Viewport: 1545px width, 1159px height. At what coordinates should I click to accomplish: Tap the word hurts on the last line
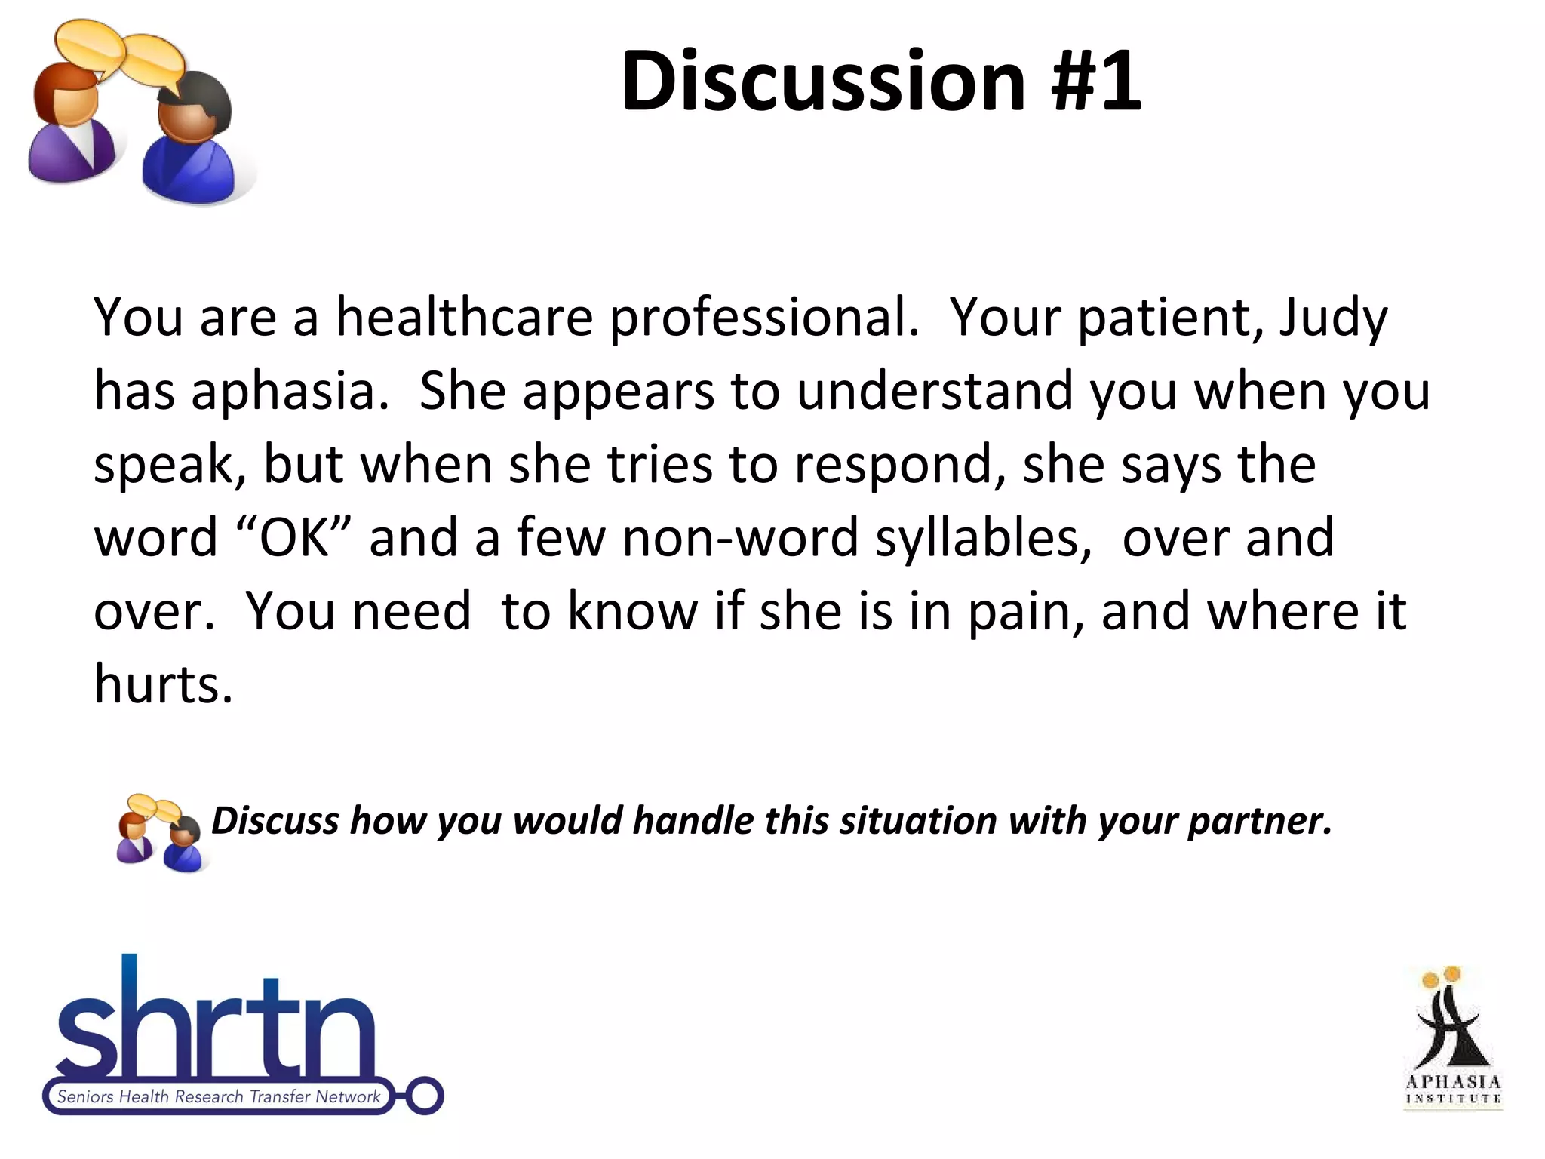tap(162, 684)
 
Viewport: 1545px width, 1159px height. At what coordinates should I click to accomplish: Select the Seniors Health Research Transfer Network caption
tap(219, 1097)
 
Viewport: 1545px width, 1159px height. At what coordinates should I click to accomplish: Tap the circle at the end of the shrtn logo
tap(425, 1096)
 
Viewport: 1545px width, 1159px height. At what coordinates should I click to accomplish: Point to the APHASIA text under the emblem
tap(1453, 1082)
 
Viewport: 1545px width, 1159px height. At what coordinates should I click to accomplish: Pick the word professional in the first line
tap(763, 318)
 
